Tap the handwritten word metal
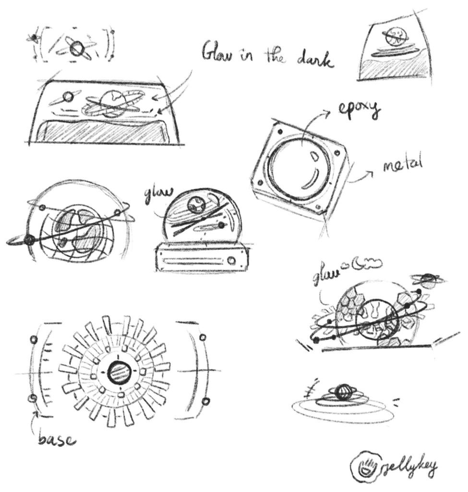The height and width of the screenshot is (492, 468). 402,166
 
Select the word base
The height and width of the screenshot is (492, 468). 56,438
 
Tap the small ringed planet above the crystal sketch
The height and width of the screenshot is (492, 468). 428,280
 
